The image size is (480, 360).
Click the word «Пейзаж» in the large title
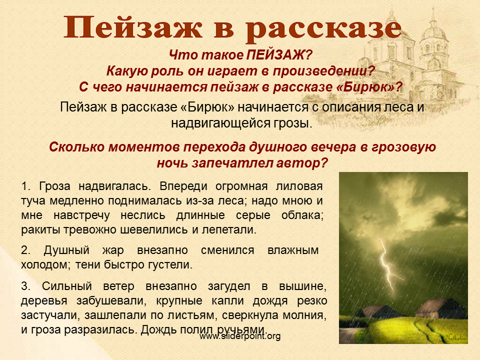[x=133, y=27]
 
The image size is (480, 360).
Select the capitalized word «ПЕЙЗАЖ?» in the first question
[x=279, y=55]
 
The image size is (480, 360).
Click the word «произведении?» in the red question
[x=324, y=71]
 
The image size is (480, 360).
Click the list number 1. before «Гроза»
[x=25, y=186]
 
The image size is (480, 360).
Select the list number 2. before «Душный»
[x=25, y=250]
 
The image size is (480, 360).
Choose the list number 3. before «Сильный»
[x=25, y=286]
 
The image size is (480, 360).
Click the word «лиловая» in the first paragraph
[x=299, y=186]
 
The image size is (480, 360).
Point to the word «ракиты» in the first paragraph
[x=41, y=230]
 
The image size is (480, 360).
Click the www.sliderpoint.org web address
[x=240, y=336]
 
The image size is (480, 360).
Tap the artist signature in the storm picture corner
[x=455, y=338]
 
